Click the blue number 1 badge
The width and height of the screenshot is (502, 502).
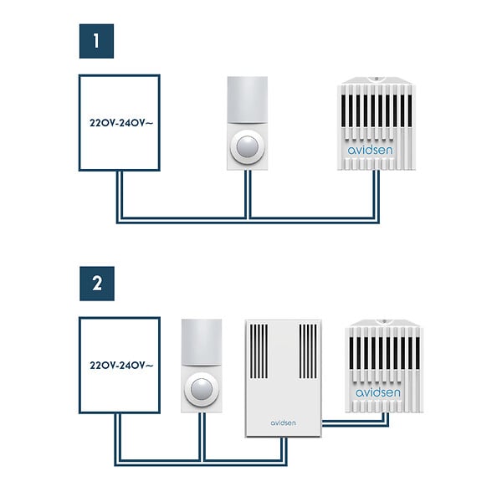[x=96, y=41]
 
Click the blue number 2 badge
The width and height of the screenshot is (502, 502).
[x=97, y=284]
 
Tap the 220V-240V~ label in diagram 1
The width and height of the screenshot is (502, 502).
[x=121, y=123]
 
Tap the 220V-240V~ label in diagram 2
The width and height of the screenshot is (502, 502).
[x=121, y=366]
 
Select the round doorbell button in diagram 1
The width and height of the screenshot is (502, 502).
[x=247, y=147]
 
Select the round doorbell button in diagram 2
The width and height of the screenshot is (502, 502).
[x=202, y=389]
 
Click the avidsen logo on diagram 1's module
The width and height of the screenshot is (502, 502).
[x=370, y=150]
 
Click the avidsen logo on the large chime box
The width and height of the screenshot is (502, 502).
[x=283, y=423]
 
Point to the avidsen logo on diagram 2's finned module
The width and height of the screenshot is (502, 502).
[x=378, y=392]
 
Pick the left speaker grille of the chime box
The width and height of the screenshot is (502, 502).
[x=259, y=351]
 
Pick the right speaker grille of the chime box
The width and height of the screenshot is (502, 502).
[x=308, y=351]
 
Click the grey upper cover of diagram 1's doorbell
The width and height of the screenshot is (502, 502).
[x=248, y=100]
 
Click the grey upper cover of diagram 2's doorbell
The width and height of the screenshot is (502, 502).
[x=202, y=342]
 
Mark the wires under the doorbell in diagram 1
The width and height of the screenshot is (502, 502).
[x=248, y=194]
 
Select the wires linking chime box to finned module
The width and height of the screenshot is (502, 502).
[x=356, y=423]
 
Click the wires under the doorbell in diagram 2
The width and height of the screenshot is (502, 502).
[x=202, y=437]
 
